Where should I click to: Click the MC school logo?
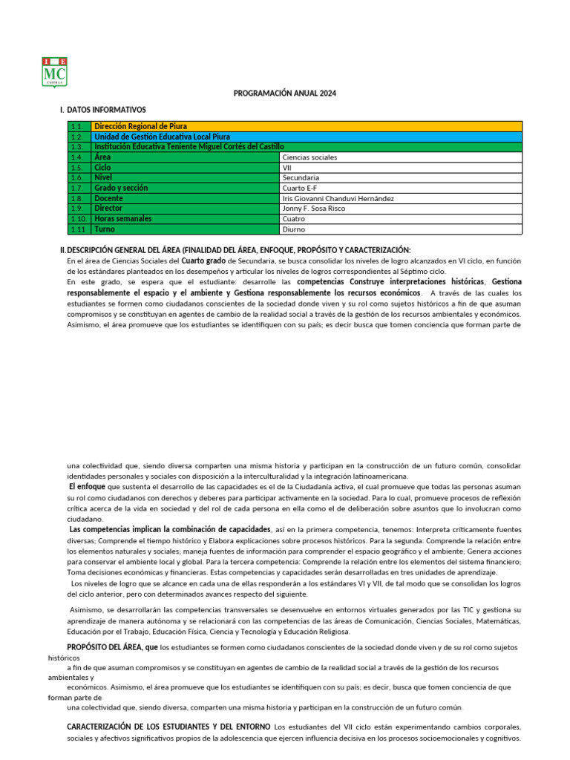pos(55,72)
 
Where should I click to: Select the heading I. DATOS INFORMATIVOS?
pos(103,110)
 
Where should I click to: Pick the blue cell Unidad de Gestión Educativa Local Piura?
pos(162,137)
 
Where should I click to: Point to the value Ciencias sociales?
pos(309,157)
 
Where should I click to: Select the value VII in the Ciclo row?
pos(287,168)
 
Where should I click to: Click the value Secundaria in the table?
pos(301,178)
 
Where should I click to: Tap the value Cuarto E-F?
pos(300,189)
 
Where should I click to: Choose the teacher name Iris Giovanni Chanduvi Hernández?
pos(338,199)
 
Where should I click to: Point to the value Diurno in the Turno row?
pos(294,229)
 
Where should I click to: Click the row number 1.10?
pos(79,219)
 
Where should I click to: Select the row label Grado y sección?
pos(122,189)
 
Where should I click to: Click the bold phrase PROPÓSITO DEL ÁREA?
pos(112,647)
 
